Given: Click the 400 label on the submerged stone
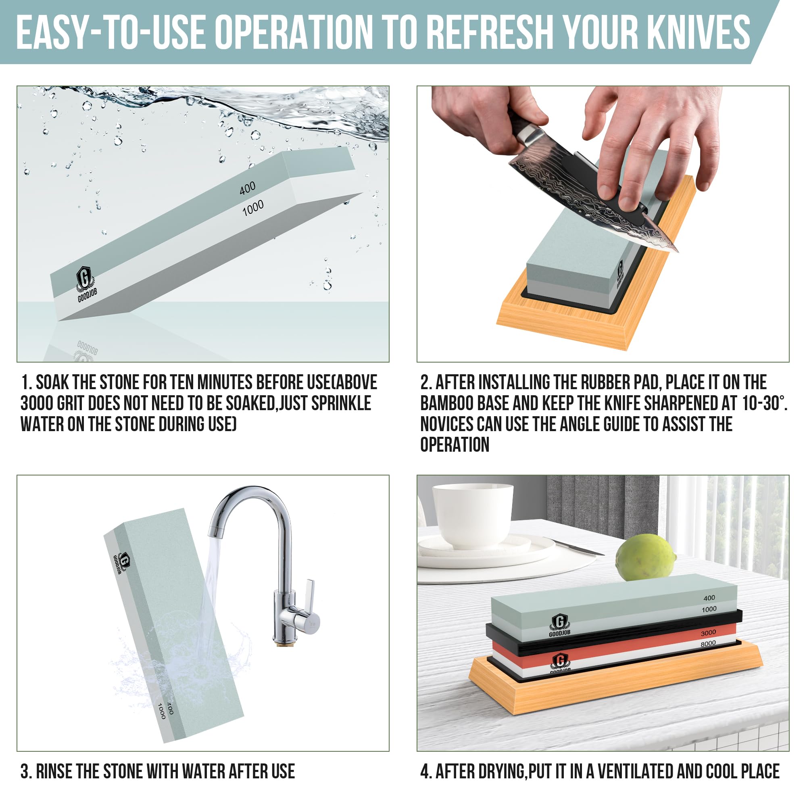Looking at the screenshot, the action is (x=248, y=188).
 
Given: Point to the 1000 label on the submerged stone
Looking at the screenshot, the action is (x=253, y=208).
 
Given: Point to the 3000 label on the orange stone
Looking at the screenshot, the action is (x=709, y=633).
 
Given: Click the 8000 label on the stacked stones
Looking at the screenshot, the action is (x=709, y=644).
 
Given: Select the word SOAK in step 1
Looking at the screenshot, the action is (x=51, y=382).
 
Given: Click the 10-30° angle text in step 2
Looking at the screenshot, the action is (x=764, y=403).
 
